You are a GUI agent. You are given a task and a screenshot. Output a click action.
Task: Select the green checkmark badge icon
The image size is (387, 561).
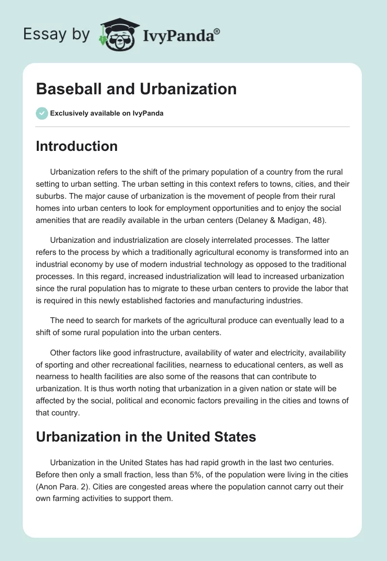42,113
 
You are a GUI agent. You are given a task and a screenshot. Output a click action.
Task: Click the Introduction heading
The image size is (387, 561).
76,146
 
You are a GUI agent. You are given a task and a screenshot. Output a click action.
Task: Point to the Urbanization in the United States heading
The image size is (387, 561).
146,437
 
